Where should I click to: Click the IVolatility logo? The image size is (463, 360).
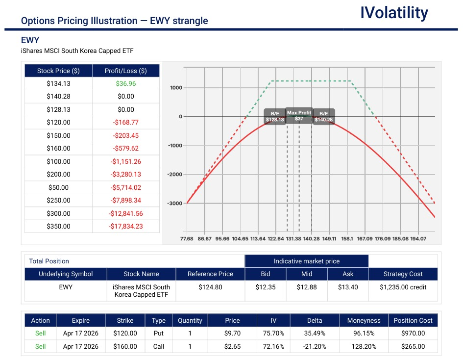tap(394, 13)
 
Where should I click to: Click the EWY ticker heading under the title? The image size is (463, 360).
tap(30, 40)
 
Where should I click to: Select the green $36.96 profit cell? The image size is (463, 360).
tap(125, 83)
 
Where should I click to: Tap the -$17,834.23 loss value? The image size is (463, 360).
tap(125, 226)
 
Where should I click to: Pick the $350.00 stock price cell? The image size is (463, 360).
tap(58, 226)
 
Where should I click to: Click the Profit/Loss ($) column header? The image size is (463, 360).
tap(125, 71)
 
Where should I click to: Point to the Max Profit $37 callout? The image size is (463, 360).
tap(299, 116)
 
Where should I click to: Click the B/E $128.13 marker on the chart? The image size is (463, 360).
tap(274, 116)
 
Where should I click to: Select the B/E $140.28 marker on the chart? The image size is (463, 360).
tap(323, 116)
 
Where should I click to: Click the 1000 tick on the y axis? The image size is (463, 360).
tap(176, 88)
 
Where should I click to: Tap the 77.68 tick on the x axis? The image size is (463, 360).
tap(187, 239)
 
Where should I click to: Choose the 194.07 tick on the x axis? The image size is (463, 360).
tap(418, 239)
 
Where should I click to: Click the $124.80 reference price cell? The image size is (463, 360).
tap(210, 287)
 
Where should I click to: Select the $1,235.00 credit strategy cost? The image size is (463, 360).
tap(403, 287)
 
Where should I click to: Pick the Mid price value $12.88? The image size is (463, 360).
tap(306, 287)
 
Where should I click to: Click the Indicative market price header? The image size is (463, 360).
tap(306, 261)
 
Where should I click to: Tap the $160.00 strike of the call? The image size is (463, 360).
tap(125, 346)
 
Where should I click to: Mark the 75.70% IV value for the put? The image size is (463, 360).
tap(273, 333)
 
